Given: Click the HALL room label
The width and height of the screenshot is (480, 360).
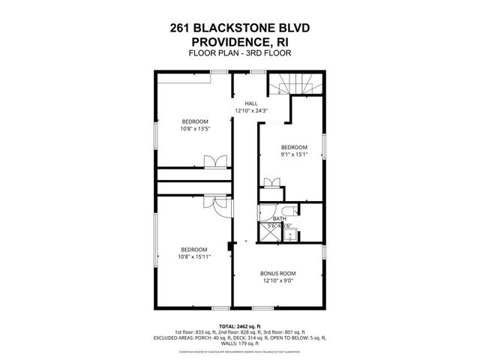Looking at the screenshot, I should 252,103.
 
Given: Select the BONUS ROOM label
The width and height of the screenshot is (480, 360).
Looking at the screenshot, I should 277,273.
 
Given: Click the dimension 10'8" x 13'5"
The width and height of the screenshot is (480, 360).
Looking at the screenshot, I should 194,129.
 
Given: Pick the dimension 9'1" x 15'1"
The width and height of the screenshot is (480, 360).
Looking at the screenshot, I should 294,154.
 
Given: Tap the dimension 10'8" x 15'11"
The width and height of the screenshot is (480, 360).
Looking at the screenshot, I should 194,256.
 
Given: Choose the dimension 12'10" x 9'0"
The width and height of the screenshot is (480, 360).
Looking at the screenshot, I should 277,281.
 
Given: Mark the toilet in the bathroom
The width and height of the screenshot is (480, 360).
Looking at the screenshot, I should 289,211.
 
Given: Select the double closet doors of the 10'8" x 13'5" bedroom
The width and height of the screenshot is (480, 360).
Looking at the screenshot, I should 214,160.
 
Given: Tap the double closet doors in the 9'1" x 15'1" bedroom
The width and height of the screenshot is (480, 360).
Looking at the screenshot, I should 272,182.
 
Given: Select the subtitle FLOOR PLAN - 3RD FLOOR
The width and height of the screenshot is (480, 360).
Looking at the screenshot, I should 240,53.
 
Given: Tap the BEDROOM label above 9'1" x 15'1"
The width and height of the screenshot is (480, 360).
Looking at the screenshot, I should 294,146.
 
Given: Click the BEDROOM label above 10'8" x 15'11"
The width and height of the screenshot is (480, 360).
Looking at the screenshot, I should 194,249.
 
